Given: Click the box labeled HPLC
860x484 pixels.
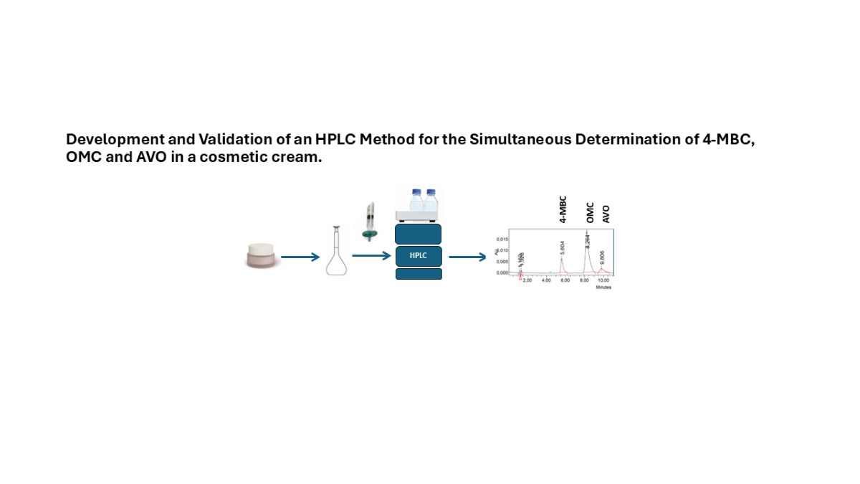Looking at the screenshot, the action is pos(419,256).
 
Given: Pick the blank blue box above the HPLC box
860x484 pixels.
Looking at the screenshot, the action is pos(419,234).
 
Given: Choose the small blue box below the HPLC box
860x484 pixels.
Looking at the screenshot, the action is pos(419,274).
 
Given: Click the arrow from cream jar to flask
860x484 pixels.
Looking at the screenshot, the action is pos(300,256).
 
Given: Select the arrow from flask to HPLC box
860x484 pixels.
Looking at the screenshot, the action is pos(371,256).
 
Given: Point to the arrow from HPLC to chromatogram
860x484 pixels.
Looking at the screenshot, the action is pos(467,256).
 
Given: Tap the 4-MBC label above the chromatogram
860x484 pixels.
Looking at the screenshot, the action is pos(563,209).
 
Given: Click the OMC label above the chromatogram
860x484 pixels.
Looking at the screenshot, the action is pos(590,209).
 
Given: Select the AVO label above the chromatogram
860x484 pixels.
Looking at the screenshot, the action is pos(606,212).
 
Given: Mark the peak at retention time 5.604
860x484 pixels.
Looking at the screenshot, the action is pos(562,262).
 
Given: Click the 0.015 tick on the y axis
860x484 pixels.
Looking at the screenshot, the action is pos(502,239).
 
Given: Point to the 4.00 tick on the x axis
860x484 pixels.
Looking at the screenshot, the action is pos(546,280).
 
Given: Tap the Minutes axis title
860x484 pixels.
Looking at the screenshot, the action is pos(603,287).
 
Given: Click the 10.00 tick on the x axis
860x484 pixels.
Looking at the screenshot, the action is pos(603,280).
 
